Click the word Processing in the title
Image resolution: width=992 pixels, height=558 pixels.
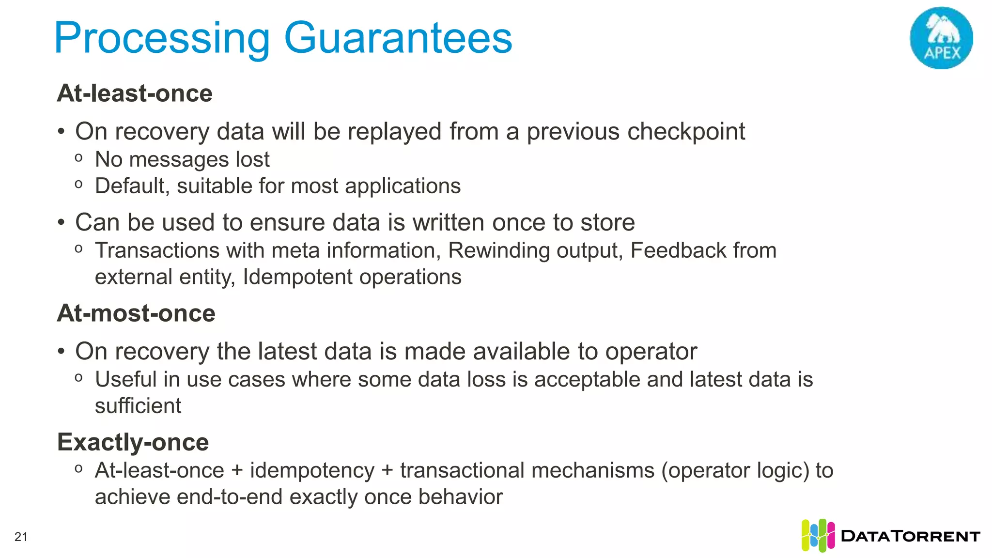click(162, 39)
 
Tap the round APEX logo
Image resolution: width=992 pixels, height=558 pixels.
click(941, 38)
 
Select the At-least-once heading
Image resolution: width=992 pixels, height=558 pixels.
click(135, 93)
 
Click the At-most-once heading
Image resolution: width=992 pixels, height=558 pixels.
click(136, 313)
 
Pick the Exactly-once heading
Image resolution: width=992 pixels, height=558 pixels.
click(133, 442)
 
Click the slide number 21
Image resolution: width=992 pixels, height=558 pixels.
click(21, 537)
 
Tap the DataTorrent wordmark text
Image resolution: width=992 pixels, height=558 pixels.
click(911, 536)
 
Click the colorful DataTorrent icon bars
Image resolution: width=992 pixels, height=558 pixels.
click(818, 535)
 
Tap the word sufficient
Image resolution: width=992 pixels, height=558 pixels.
click(138, 406)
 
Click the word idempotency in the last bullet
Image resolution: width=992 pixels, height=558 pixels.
click(312, 470)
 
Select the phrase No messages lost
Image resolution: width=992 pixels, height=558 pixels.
click(182, 159)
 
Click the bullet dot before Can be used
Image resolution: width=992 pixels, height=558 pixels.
click(61, 223)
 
